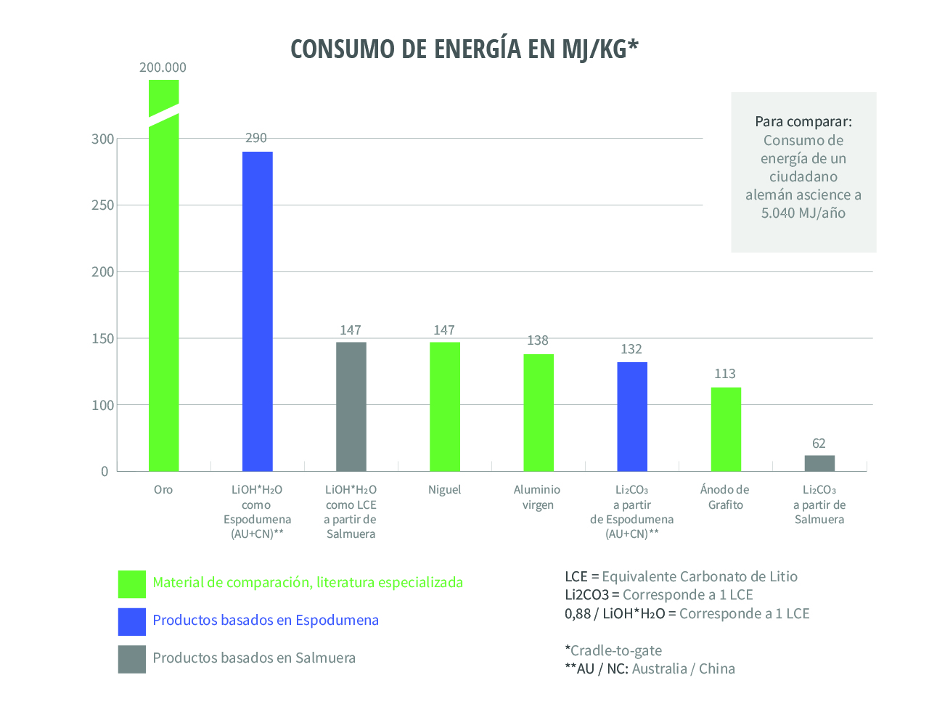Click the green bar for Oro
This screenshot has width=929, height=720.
click(x=163, y=305)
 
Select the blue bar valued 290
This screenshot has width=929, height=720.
click(x=257, y=311)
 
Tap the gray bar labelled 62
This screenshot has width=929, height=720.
click(x=819, y=463)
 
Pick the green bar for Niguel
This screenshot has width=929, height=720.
click(x=444, y=406)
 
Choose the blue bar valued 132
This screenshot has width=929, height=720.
click(x=631, y=417)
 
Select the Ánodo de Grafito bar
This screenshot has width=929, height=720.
click(x=726, y=429)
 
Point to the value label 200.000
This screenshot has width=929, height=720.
click(x=163, y=67)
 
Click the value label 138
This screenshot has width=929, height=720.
click(x=538, y=340)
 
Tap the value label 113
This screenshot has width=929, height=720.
click(x=725, y=374)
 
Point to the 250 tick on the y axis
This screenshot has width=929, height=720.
click(x=103, y=205)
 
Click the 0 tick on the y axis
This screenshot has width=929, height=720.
click(x=105, y=472)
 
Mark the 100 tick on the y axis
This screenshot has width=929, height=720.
click(x=103, y=405)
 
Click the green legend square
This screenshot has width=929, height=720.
click(x=132, y=584)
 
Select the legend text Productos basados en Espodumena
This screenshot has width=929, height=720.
click(x=266, y=621)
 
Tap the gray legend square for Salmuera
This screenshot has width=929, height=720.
click(x=132, y=659)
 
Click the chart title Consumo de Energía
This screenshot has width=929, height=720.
click(x=464, y=49)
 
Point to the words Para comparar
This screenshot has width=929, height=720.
click(x=803, y=121)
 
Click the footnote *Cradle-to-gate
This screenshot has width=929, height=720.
click(x=613, y=650)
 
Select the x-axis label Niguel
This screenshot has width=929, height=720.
click(x=444, y=490)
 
